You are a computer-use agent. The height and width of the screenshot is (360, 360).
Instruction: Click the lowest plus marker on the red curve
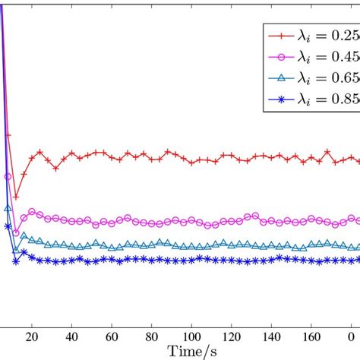pyautogui.click(x=15, y=197)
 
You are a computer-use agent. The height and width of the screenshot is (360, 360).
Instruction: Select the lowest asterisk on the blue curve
pyautogui.click(x=15, y=262)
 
